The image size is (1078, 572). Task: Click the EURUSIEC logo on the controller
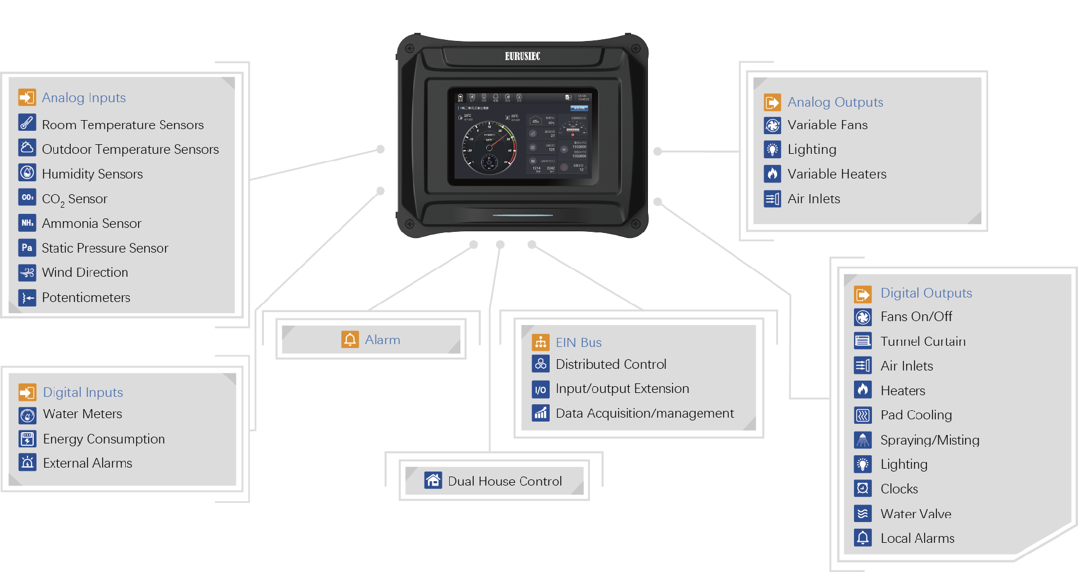pos(522,56)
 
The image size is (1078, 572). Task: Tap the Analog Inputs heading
pos(84,98)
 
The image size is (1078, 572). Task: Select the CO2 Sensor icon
pos(27,198)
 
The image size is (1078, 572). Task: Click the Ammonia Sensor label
pos(92,223)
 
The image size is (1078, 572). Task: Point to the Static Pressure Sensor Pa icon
pos(27,248)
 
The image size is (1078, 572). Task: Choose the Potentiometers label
pos(86,298)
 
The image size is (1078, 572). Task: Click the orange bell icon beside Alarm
pos(350,340)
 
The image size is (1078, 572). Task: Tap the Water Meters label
pos(83,414)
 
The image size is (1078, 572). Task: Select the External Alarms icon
pos(27,463)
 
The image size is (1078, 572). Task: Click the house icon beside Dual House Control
pos(433,481)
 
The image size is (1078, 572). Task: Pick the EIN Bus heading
pos(578,342)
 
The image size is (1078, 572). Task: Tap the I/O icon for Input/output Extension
pos(541,389)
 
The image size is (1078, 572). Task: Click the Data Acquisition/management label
pos(645,414)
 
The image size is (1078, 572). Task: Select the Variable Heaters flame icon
pos(773,174)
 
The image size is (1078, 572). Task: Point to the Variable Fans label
pos(828,125)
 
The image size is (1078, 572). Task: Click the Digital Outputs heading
pos(926,293)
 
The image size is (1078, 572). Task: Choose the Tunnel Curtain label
pos(923,341)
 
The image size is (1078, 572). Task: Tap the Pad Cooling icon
pos(863,415)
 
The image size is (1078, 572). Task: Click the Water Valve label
pos(916,514)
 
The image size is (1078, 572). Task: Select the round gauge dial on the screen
pos(489,148)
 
